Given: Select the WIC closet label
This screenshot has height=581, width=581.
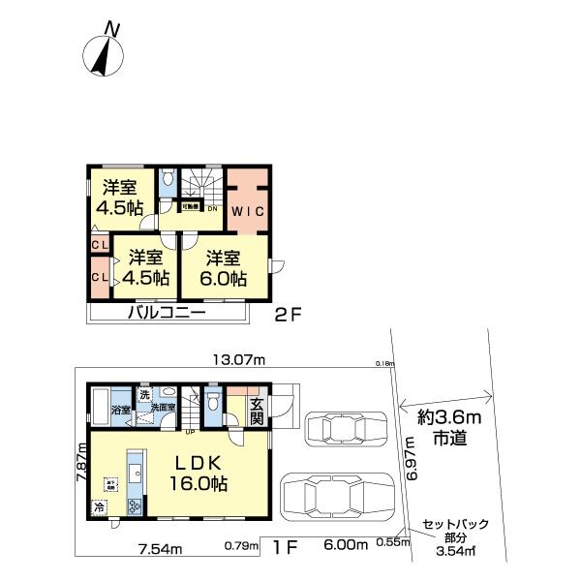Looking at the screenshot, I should click(x=246, y=209).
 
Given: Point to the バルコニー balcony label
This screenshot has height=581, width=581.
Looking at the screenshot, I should click(x=164, y=314).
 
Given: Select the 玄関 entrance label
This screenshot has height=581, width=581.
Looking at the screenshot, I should click(x=257, y=412).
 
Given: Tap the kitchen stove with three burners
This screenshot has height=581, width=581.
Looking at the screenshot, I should click(x=135, y=504).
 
